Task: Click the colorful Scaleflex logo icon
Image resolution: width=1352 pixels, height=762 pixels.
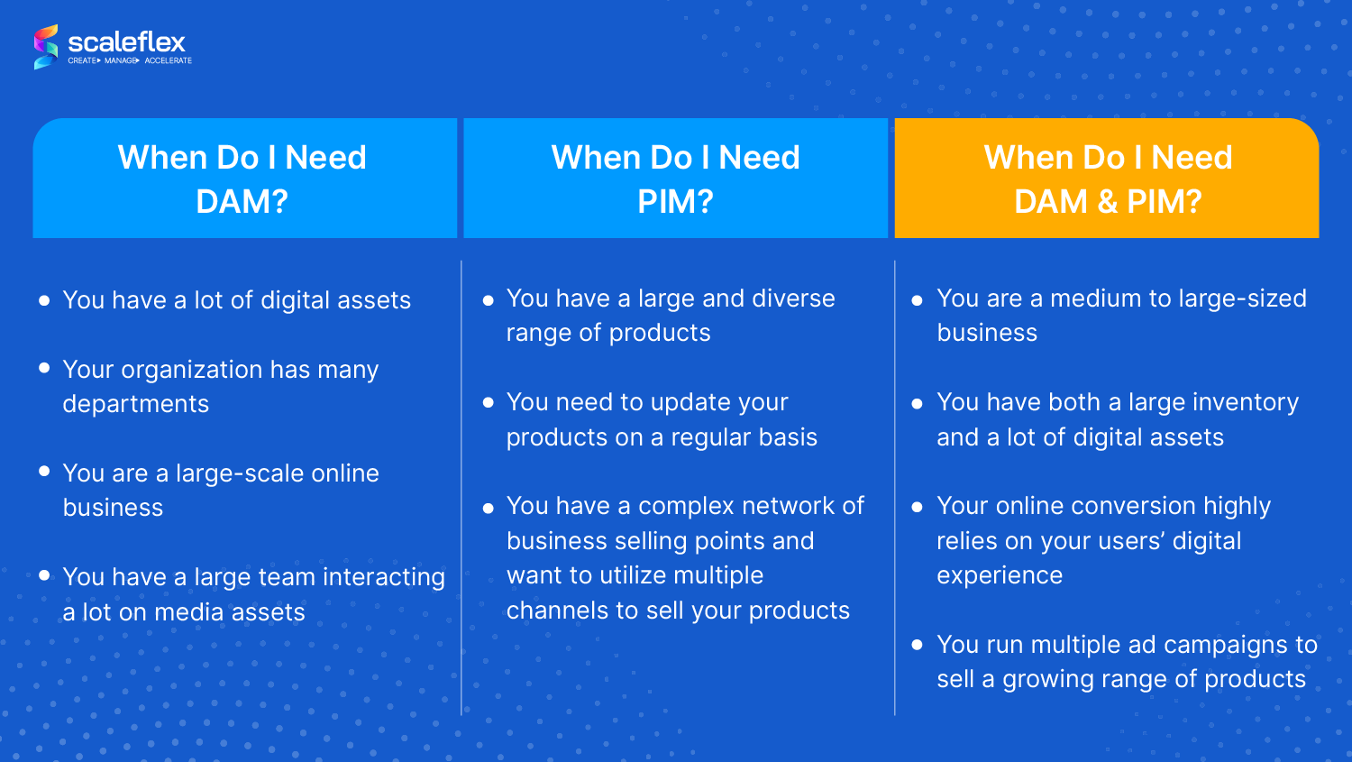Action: (46, 47)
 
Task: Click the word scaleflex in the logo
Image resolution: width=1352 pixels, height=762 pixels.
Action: (126, 41)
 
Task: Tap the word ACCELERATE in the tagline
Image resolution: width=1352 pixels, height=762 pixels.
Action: (169, 61)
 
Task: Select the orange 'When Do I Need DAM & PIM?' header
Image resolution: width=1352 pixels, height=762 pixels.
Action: (1107, 179)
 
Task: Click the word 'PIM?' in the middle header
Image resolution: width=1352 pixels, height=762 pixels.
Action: (675, 201)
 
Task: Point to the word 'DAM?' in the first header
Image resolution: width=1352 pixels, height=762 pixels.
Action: (242, 201)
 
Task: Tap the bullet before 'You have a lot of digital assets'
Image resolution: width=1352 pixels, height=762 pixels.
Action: (44, 300)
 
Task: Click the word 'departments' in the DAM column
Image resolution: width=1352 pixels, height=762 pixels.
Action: (136, 404)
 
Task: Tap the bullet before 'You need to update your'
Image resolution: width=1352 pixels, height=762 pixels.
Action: (489, 403)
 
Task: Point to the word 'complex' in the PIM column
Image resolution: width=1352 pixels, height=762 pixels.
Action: (680, 506)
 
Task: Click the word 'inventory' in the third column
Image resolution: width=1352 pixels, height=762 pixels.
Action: (1250, 402)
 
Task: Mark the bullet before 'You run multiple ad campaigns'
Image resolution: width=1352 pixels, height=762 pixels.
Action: (918, 645)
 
